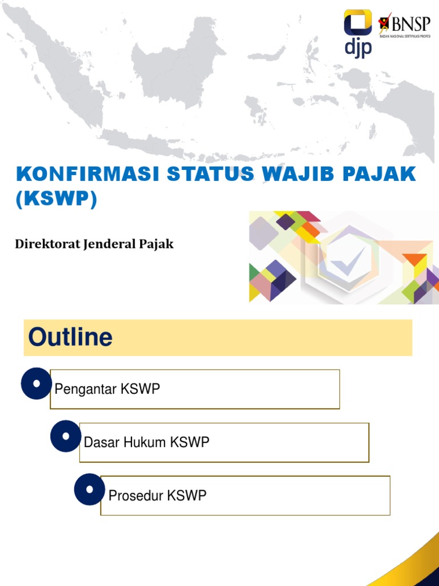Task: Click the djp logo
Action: [358, 33]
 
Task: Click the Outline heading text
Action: [70, 338]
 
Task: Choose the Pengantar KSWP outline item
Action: [107, 389]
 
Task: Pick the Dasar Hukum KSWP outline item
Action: [147, 442]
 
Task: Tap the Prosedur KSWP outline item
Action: [157, 496]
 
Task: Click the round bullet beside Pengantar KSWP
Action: [37, 383]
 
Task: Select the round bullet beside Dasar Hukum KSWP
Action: [66, 436]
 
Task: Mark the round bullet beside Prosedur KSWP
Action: [90, 489]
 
